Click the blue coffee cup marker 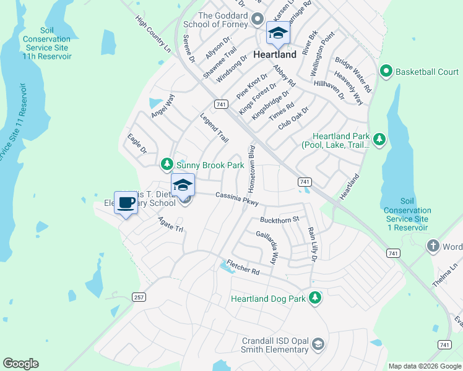126,203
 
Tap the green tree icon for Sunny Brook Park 167,164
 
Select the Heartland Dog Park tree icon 316,299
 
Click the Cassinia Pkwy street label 240,198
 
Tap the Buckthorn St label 280,219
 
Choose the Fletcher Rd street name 242,268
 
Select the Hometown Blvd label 252,168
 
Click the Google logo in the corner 21,364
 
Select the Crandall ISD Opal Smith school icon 318,344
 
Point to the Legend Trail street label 214,127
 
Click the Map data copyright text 424,366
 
